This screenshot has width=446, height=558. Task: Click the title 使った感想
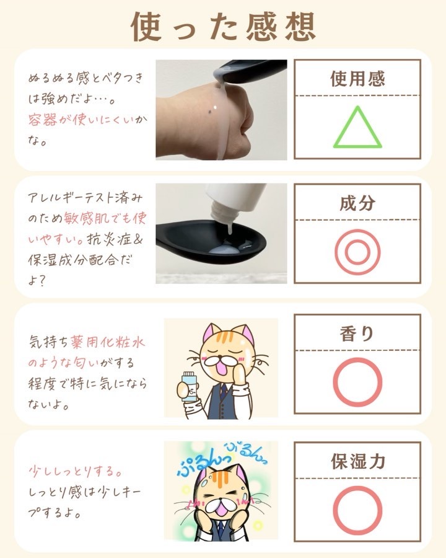pos(224,26)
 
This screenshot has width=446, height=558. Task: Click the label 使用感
pos(357,79)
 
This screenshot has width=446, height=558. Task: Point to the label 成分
pos(357,203)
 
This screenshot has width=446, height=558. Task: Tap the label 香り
pos(357,334)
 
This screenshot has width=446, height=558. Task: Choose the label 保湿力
pos(358,461)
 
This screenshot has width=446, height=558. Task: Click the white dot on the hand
pos(215,107)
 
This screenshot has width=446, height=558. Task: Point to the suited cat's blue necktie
pos(223,391)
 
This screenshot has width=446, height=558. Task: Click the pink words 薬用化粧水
pos(107,342)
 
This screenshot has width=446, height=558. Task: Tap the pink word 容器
pos(43,120)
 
